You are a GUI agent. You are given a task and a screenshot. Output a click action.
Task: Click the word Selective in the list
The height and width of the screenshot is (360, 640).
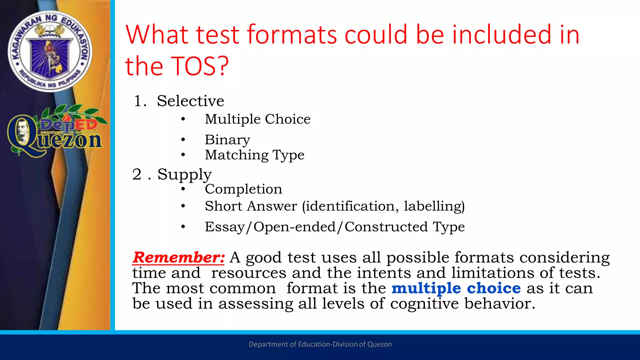190,101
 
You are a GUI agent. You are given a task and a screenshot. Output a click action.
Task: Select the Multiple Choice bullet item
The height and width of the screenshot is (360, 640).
257,119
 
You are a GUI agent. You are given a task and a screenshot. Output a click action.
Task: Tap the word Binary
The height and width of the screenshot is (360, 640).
227,140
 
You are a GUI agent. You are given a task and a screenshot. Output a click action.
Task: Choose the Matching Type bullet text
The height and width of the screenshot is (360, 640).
254,155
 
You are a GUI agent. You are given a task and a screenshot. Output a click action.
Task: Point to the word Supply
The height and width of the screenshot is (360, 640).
184,174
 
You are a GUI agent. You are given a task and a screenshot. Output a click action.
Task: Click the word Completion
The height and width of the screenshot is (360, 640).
243,189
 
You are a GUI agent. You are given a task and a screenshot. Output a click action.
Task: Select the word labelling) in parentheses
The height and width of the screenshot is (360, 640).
434,206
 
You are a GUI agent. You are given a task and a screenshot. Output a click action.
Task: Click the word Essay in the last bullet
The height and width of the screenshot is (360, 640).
224,227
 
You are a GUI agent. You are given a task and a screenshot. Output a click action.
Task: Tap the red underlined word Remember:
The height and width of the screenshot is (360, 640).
178,257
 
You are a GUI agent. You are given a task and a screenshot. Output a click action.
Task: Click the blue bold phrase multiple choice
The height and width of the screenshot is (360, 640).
456,288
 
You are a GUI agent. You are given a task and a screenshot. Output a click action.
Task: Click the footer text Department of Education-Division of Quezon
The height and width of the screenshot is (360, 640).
320,344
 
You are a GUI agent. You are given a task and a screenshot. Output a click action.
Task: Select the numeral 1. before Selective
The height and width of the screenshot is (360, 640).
139,101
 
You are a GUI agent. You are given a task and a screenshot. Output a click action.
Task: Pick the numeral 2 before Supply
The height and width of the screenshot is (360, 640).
137,174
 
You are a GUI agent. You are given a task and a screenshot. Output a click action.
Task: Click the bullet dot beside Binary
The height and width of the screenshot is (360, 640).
183,140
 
